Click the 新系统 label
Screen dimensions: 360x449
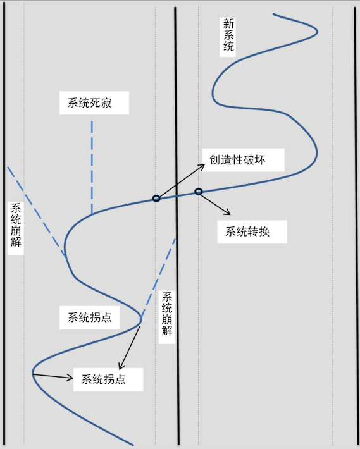pos(228,35)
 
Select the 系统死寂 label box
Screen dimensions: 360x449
pos(94,103)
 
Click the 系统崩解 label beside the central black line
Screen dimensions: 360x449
pos(166,314)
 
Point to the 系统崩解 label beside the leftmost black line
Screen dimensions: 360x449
pos(15,225)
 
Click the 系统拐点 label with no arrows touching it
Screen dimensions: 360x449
pos(89,317)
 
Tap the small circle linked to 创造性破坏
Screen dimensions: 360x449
pos(156,198)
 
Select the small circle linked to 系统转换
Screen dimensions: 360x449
pos(199,191)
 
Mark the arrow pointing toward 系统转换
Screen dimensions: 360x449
pos(215,204)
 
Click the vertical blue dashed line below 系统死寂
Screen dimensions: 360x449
pos(92,168)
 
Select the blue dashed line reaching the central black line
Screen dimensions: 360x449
pos(158,278)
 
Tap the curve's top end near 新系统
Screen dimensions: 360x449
pos(273,14)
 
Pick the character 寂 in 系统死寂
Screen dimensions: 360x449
pos(106,103)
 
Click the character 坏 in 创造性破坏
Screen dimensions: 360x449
pos(260,160)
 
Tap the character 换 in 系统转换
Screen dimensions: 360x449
pos(264,231)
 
